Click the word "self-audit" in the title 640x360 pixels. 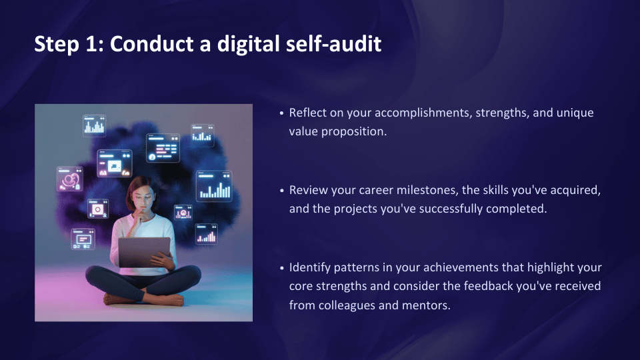click(333, 44)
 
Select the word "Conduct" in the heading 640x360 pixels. click(152, 44)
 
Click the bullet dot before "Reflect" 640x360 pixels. click(281, 113)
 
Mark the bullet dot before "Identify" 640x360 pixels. click(281, 268)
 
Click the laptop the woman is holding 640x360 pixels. click(144, 252)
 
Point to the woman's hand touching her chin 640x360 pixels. click(141, 214)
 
